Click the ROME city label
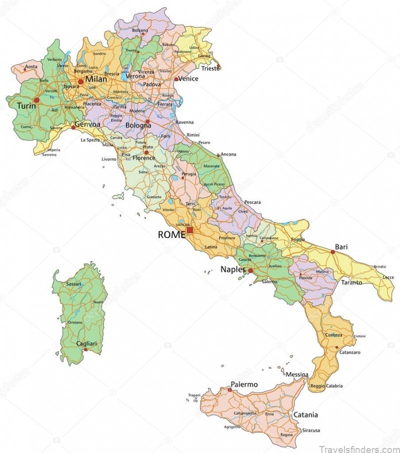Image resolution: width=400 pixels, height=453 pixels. point(171,234)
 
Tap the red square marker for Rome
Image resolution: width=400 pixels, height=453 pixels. point(190,230)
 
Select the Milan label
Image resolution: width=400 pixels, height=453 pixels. point(96,79)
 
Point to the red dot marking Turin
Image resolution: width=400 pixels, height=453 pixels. point(36,100)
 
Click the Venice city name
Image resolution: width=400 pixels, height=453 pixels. point(188,78)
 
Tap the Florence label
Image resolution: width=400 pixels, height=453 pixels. point(144,158)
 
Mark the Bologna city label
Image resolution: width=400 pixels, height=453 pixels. point(138,125)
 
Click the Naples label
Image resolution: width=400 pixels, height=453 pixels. point(233,269)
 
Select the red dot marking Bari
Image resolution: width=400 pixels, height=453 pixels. point(332,251)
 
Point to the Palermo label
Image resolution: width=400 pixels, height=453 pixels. point(244,384)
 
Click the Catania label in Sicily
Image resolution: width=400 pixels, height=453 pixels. point(305,415)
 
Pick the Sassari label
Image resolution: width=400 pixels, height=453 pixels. point(73,284)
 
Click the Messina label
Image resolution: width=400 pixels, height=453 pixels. point(297,374)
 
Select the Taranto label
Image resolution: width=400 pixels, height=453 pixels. point(351,282)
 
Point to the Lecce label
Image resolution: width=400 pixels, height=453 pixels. point(388,277)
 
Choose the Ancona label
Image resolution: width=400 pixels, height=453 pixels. point(228,154)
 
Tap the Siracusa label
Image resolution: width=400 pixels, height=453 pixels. point(311,430)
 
